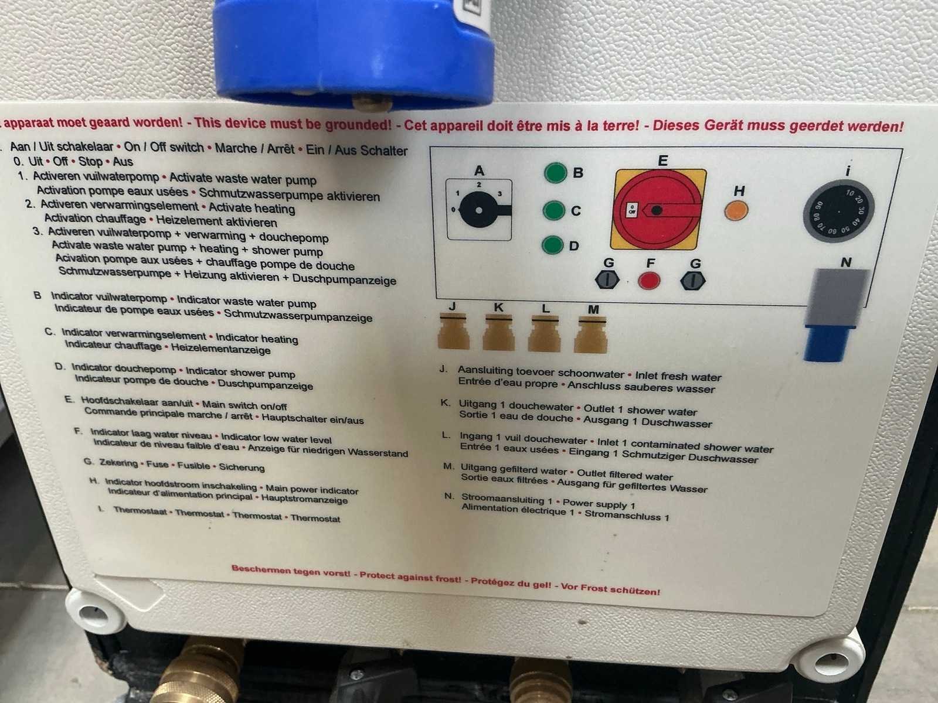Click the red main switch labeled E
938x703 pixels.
658,209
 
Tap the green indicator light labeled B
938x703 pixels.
555,173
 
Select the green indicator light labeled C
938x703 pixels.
554,210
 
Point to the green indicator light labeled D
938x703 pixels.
553,245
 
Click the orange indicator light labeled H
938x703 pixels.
736,210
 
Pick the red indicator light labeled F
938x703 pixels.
649,281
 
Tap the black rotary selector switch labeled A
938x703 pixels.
480,210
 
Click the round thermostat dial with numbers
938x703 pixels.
838,211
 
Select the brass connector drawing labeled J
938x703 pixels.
453,331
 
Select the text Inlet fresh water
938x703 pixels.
678,377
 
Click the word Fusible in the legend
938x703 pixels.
193,465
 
